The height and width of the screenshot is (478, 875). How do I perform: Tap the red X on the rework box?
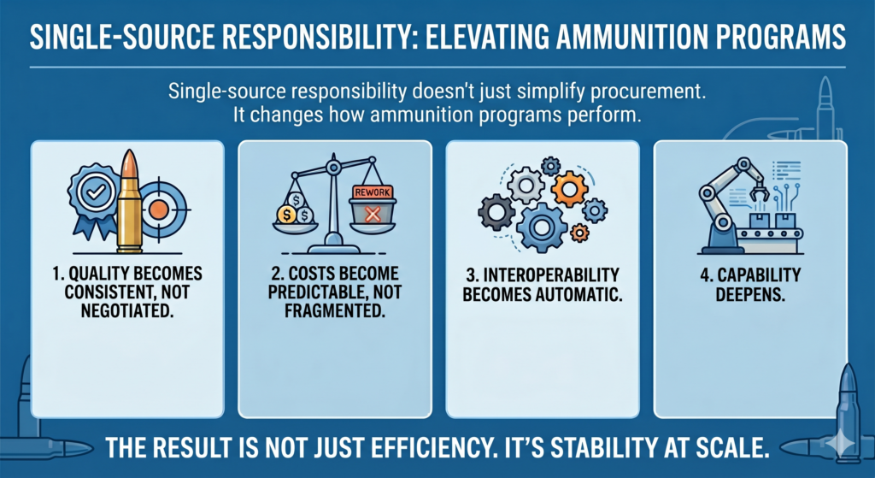[371, 214]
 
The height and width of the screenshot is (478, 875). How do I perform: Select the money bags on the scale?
[293, 209]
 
